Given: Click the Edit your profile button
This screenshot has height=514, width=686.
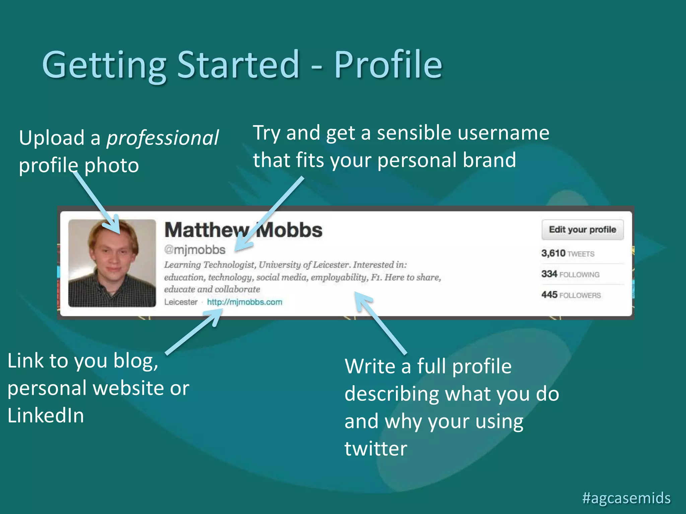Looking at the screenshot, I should click(x=582, y=230).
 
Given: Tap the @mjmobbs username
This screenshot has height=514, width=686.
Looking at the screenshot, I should click(x=195, y=250).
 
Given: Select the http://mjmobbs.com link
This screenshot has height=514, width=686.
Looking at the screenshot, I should click(x=245, y=302).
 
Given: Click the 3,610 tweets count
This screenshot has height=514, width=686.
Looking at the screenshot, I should click(x=568, y=253).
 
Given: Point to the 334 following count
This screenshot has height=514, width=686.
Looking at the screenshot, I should click(x=570, y=274).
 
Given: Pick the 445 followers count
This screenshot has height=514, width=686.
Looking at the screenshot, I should click(x=571, y=295).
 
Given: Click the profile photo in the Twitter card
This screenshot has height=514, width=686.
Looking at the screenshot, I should click(x=112, y=263).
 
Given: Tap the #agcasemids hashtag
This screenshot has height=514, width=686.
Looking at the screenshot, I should click(x=626, y=498).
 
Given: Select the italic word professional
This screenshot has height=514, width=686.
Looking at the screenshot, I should click(x=162, y=138).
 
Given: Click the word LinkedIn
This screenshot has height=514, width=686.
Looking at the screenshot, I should click(x=46, y=416).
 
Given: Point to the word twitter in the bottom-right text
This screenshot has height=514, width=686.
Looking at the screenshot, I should click(x=375, y=448).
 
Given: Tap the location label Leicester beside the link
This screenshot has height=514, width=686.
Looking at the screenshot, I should click(x=181, y=302).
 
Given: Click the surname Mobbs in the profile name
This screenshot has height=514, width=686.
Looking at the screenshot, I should click(x=289, y=230).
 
